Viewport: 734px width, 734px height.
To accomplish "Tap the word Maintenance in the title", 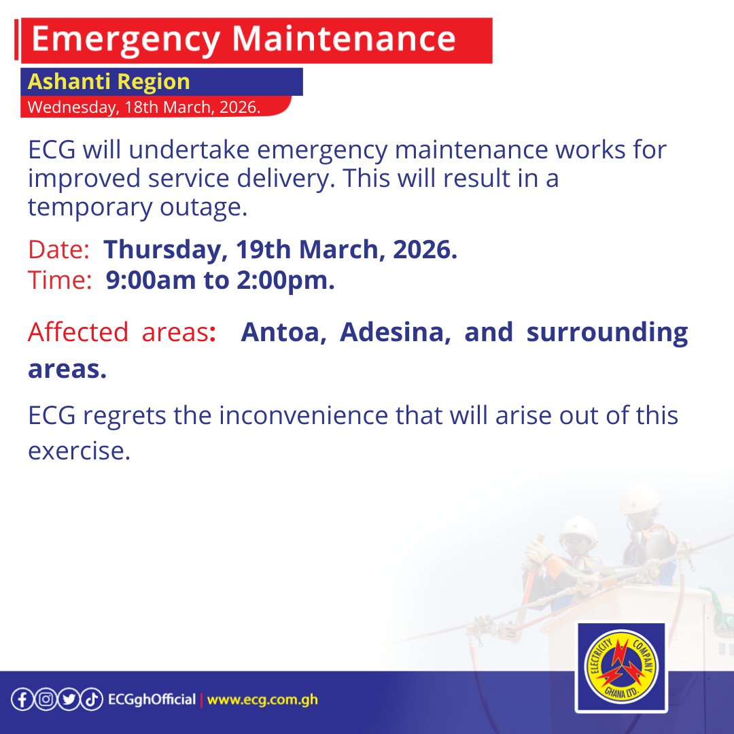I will click(345, 40).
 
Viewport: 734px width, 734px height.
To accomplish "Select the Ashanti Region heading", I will click(109, 82).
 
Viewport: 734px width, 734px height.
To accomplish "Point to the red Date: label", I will click(58, 250).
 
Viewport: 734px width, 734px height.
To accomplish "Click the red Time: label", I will click(60, 281).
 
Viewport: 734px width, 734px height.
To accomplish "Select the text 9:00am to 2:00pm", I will click(220, 281).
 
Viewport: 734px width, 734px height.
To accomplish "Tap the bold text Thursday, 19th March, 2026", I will click(280, 250).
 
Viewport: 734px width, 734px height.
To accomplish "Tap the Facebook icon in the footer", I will click(22, 700).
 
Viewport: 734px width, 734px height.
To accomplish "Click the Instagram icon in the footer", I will click(45, 700).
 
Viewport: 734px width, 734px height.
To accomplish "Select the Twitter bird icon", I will click(68, 700).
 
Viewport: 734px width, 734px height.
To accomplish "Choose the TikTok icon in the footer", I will click(91, 700).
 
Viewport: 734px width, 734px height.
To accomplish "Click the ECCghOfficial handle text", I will click(152, 700).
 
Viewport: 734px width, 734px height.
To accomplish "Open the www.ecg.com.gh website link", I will click(262, 700).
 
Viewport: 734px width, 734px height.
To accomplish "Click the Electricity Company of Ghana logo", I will click(621, 668).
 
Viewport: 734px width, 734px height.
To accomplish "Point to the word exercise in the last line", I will click(79, 451).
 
